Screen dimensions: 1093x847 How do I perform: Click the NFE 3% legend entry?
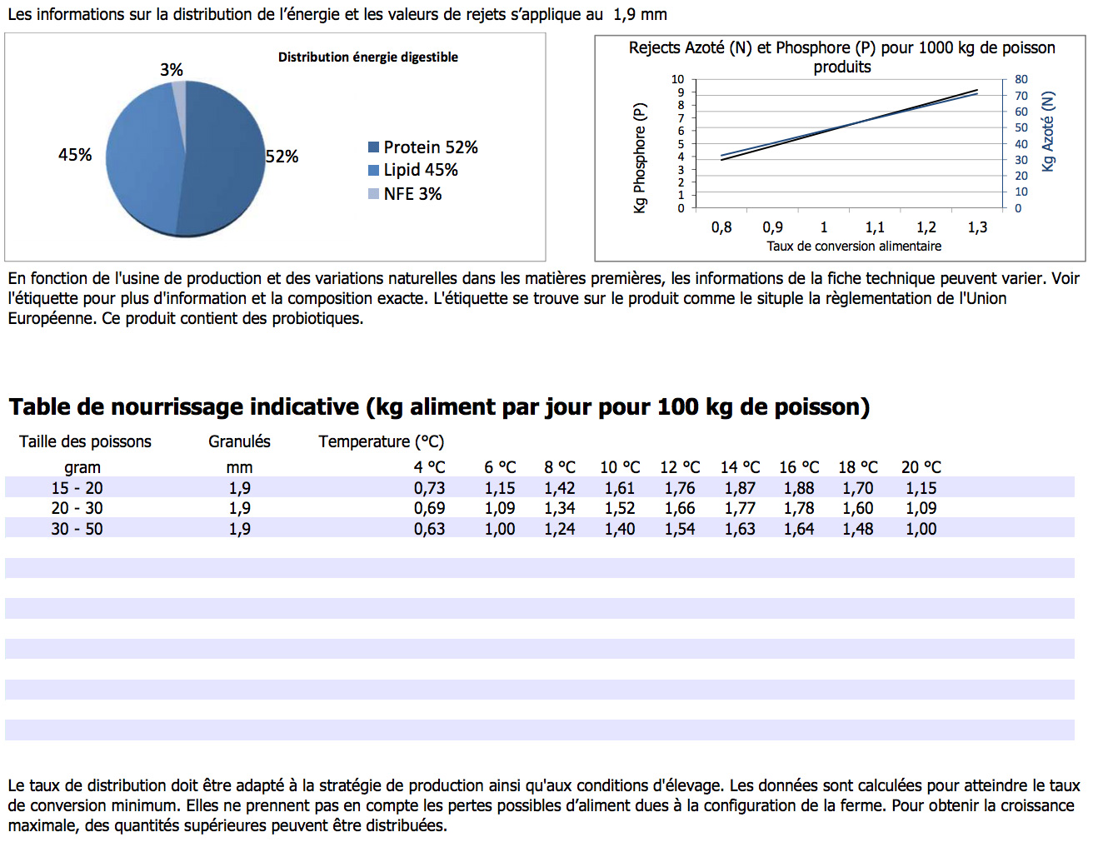(405, 194)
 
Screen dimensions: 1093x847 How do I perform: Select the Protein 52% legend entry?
(423, 147)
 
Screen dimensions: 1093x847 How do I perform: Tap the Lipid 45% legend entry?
(413, 170)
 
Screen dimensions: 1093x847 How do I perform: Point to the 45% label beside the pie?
(75, 155)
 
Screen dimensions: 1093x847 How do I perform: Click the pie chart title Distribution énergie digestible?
(368, 57)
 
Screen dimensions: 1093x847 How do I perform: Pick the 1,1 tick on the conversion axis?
(875, 227)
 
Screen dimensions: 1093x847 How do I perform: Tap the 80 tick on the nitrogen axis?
(1021, 79)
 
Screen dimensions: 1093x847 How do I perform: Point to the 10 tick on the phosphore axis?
(677, 79)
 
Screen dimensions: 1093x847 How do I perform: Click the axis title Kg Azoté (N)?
(1048, 132)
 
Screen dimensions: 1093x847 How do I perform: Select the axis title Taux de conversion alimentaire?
(854, 247)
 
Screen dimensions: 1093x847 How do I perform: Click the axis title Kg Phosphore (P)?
(639, 158)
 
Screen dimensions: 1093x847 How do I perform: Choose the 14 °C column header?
(740, 467)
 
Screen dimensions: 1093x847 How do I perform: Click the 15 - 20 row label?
(77, 488)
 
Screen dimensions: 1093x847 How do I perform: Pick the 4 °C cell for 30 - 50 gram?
(430, 529)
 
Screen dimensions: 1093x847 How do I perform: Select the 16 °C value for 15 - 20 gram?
(799, 488)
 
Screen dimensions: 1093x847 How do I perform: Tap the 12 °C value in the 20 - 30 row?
(680, 508)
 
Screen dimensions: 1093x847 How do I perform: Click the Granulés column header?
(239, 441)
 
